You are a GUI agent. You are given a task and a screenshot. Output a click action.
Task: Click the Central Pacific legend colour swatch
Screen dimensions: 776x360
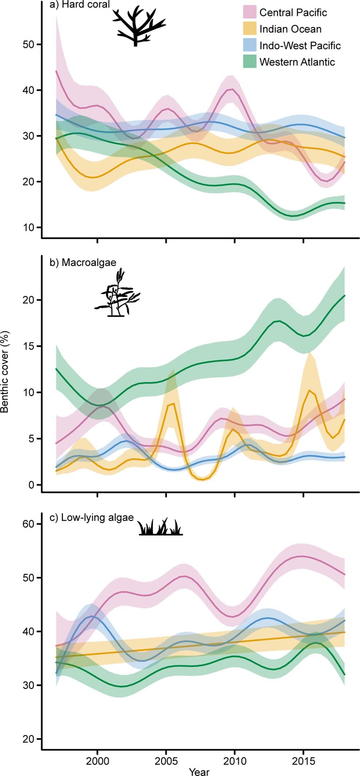(249, 12)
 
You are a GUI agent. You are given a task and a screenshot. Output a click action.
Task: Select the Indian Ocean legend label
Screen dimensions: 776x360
(290, 29)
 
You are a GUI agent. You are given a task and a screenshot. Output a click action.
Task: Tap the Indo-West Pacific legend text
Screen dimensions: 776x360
(300, 45)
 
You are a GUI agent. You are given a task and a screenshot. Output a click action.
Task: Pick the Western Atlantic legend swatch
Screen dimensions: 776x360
(249, 62)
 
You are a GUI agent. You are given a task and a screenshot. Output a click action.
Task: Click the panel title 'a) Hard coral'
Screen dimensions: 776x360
(79, 5)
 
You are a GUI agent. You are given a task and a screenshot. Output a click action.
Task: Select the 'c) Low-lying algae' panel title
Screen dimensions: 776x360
(92, 517)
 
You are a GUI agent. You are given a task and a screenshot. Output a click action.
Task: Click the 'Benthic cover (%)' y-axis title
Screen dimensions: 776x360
(5, 371)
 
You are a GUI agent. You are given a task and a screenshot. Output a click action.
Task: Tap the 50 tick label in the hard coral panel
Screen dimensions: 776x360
(28, 44)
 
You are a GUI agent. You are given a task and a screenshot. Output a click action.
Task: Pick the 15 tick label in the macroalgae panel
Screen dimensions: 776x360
(28, 346)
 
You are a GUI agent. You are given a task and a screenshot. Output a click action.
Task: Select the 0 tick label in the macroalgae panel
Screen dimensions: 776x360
(32, 485)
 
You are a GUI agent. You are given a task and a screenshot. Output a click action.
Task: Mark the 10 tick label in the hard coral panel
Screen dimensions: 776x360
(28, 227)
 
